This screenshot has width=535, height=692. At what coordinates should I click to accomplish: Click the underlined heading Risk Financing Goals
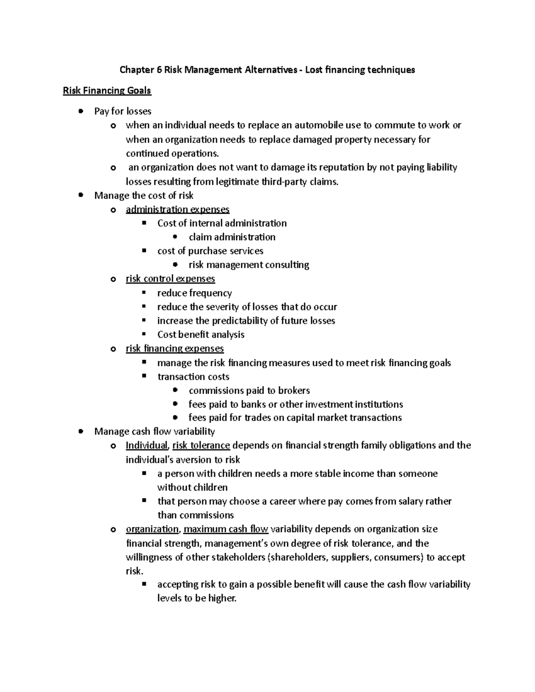(x=107, y=91)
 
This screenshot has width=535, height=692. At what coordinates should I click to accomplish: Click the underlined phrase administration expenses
(x=177, y=209)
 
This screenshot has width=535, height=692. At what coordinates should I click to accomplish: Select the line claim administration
(x=232, y=237)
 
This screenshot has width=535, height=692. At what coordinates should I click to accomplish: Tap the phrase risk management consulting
(x=249, y=265)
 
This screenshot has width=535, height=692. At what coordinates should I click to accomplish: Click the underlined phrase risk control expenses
(x=170, y=279)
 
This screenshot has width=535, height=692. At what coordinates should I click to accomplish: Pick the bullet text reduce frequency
(x=194, y=293)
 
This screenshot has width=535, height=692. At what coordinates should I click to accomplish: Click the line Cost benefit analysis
(x=201, y=335)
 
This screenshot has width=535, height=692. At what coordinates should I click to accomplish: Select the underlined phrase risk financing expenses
(x=175, y=348)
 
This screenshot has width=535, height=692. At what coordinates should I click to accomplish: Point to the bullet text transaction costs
(x=193, y=377)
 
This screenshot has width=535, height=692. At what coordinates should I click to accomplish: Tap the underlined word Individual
(x=147, y=446)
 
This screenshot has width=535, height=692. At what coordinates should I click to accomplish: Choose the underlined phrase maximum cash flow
(x=226, y=529)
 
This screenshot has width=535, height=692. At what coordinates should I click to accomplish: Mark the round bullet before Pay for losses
(x=80, y=111)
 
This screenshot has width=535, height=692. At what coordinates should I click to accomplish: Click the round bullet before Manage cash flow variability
(x=80, y=432)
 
